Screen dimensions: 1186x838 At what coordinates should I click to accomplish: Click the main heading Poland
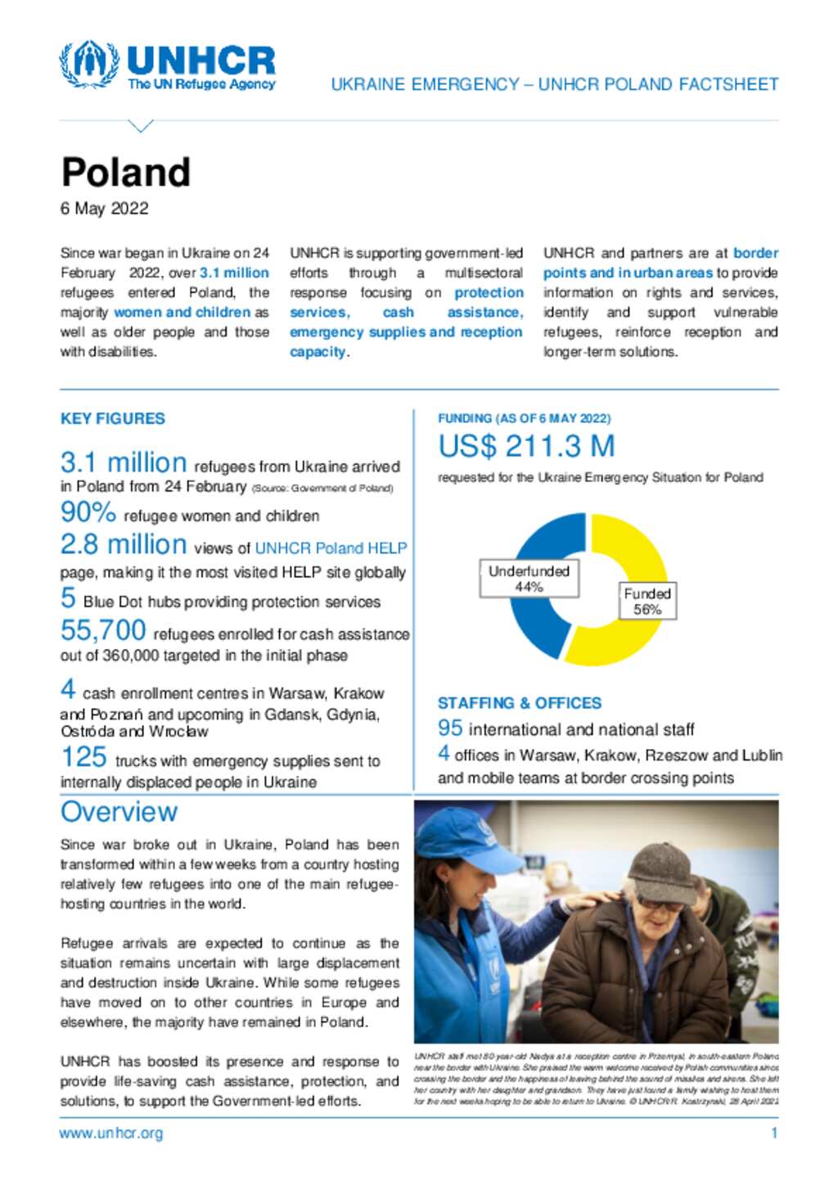pyautogui.click(x=125, y=173)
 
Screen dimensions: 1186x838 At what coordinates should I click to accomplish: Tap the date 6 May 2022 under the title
pyautogui.click(x=104, y=209)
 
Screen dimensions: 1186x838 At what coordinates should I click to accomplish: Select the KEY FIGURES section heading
pyautogui.click(x=112, y=418)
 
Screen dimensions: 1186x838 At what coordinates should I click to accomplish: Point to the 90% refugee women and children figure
pyautogui.click(x=88, y=512)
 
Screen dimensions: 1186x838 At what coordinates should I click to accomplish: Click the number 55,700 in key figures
pyautogui.click(x=103, y=630)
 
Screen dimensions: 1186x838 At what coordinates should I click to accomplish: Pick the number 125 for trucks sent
pyautogui.click(x=83, y=757)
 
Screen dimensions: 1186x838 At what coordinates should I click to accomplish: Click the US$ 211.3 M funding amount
pyautogui.click(x=526, y=447)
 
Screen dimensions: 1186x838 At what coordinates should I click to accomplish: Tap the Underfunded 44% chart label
pyautogui.click(x=529, y=579)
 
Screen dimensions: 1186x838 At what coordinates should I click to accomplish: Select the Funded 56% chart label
pyautogui.click(x=647, y=601)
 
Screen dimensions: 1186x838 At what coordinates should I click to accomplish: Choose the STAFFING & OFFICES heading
pyautogui.click(x=519, y=703)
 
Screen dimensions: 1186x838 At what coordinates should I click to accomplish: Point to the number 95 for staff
pyautogui.click(x=450, y=728)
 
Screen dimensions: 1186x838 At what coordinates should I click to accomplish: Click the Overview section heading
pyautogui.click(x=119, y=812)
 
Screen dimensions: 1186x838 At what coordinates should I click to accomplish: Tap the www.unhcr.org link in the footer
pyautogui.click(x=110, y=1133)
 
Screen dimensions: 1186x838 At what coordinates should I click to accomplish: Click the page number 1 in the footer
pyautogui.click(x=773, y=1133)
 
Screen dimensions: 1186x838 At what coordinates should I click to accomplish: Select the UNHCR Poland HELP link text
pyautogui.click(x=331, y=548)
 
